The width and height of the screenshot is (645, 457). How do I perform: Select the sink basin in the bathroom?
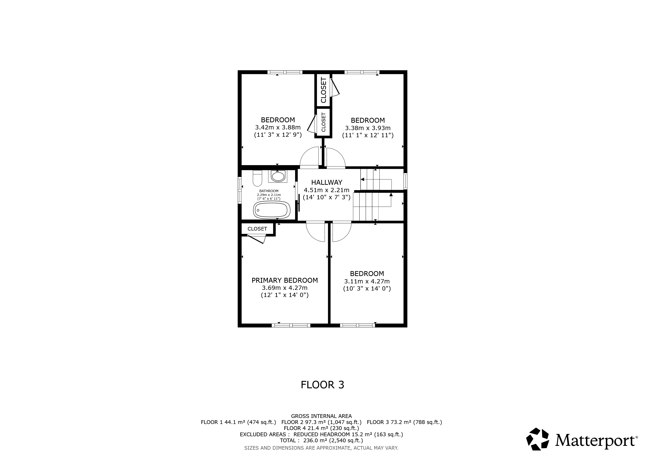tap(278, 177)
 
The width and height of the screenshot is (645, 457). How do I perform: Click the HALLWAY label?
tap(327, 182)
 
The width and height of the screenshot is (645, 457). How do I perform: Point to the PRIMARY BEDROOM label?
tap(285, 280)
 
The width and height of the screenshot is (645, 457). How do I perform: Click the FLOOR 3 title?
tap(322, 385)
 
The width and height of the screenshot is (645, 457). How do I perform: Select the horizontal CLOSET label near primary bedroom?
tap(257, 229)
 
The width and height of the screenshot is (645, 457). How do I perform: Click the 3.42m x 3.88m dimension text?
tap(278, 127)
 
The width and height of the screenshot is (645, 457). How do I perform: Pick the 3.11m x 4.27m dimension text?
tap(367, 281)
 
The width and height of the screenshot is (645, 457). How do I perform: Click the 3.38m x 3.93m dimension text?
tap(368, 128)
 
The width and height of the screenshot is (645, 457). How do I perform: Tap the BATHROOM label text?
tap(269, 191)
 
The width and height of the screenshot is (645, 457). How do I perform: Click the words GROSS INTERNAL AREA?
tap(321, 416)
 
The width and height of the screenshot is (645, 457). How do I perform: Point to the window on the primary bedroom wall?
tap(291, 325)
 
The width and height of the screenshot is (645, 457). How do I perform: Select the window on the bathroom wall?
tap(240, 190)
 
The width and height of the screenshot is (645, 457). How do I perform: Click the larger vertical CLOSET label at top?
tap(323, 90)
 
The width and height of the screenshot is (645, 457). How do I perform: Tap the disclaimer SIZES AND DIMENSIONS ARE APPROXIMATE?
tap(321, 448)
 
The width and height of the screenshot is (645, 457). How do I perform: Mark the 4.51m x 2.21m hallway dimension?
tap(327, 190)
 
